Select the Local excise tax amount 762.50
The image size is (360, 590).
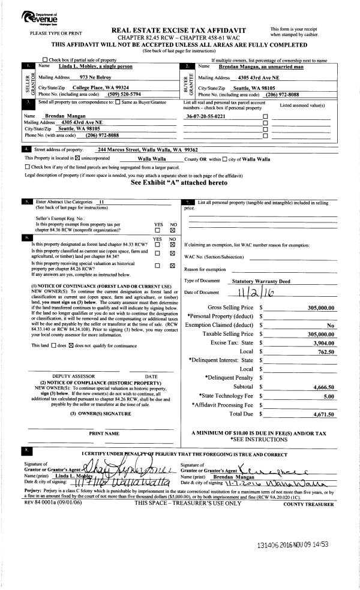coord(327,351)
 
